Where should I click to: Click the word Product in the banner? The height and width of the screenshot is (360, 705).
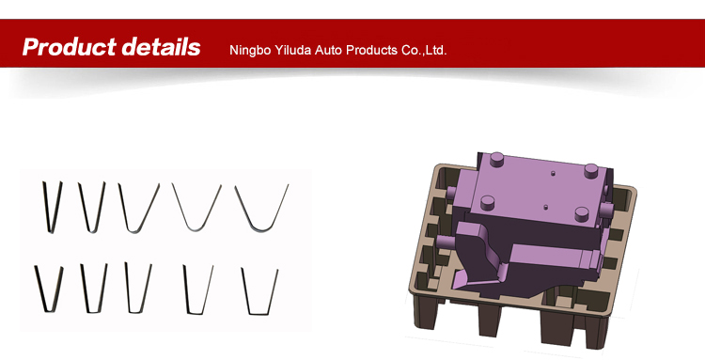[x=69, y=47]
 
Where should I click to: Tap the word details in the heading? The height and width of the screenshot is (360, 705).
[x=162, y=47]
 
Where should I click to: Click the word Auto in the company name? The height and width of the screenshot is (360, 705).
[x=324, y=50]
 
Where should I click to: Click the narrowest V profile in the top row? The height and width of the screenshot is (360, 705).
[x=52, y=207]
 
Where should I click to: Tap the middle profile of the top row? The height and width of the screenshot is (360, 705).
[x=138, y=208]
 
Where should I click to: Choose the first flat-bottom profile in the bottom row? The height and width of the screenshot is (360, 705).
[x=49, y=290]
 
